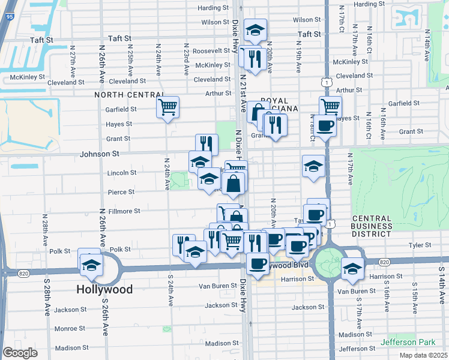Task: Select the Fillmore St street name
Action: tap(125, 211)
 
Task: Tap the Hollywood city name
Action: tap(104, 289)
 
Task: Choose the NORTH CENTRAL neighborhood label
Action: tap(129, 95)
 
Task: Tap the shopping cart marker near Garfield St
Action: tap(168, 107)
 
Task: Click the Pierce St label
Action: tap(122, 192)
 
